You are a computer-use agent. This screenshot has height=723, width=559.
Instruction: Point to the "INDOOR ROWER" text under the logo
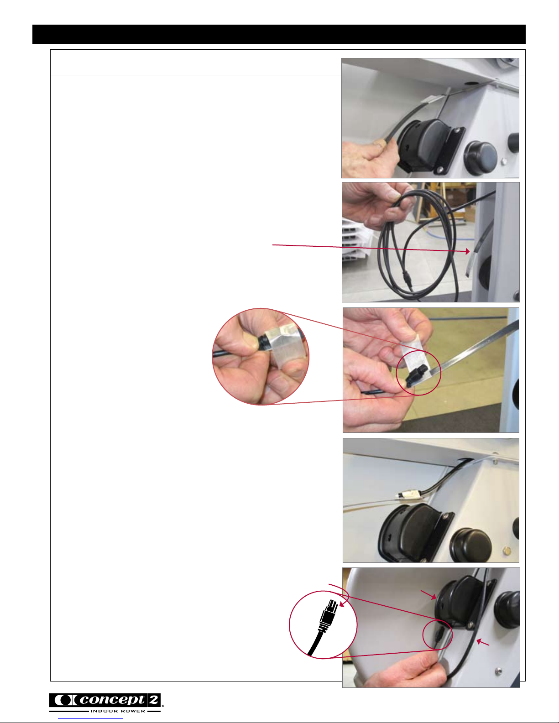coord(118,711)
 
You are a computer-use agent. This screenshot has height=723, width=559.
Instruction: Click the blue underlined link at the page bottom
coord(90,719)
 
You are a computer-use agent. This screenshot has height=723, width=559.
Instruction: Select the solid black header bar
coord(279,34)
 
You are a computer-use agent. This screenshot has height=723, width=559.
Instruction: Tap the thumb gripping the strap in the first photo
coord(383,143)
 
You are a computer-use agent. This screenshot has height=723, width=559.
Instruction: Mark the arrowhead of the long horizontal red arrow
coord(467,251)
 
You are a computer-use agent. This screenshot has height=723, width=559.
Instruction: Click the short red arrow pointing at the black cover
coord(428,594)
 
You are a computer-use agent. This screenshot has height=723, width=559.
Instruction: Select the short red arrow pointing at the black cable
coord(483,642)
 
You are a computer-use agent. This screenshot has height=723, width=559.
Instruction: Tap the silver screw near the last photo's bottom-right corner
coord(498,671)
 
